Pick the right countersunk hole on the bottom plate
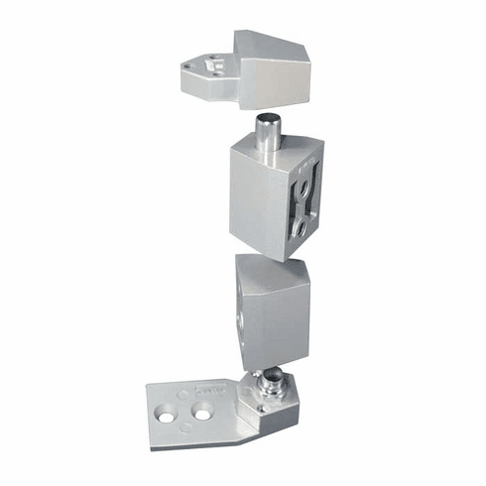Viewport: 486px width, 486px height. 204,411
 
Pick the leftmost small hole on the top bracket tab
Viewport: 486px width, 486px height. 187,69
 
